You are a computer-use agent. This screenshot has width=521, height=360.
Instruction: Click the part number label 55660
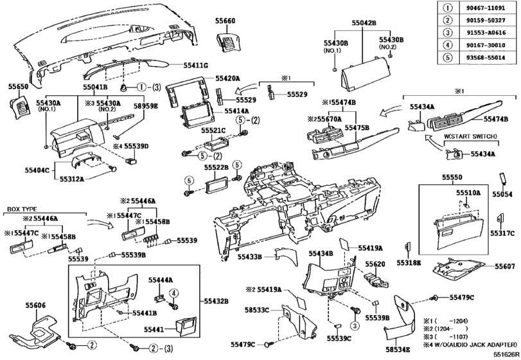pos(225,21)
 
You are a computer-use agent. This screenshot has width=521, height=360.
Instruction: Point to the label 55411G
pos(196,66)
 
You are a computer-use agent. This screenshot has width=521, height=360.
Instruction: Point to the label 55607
pos(505,266)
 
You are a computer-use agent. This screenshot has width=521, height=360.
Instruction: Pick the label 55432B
pos(218,300)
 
